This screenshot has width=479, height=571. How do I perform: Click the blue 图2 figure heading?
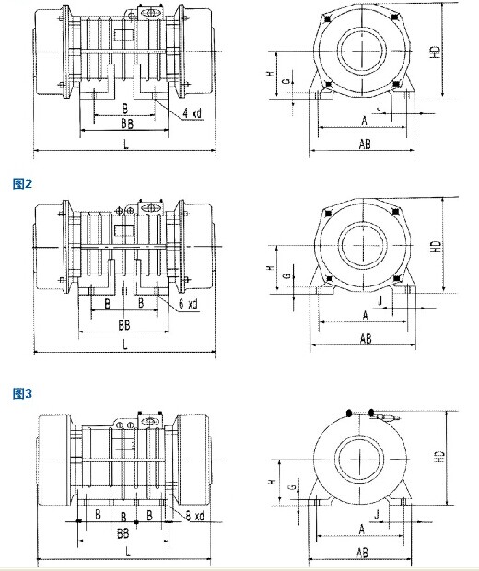[x=22, y=183]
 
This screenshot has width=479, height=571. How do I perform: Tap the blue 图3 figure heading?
[x=22, y=393]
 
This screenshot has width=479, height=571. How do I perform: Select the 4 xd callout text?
[x=192, y=113]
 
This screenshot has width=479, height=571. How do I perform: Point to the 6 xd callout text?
[x=188, y=303]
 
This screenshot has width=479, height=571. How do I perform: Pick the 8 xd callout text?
[x=195, y=516]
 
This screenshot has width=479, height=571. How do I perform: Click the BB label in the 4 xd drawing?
[x=127, y=123]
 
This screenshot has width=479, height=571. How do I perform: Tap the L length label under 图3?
[x=128, y=552]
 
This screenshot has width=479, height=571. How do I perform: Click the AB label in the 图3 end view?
[x=362, y=553]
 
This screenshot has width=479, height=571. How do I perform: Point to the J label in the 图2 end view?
[x=380, y=301]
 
